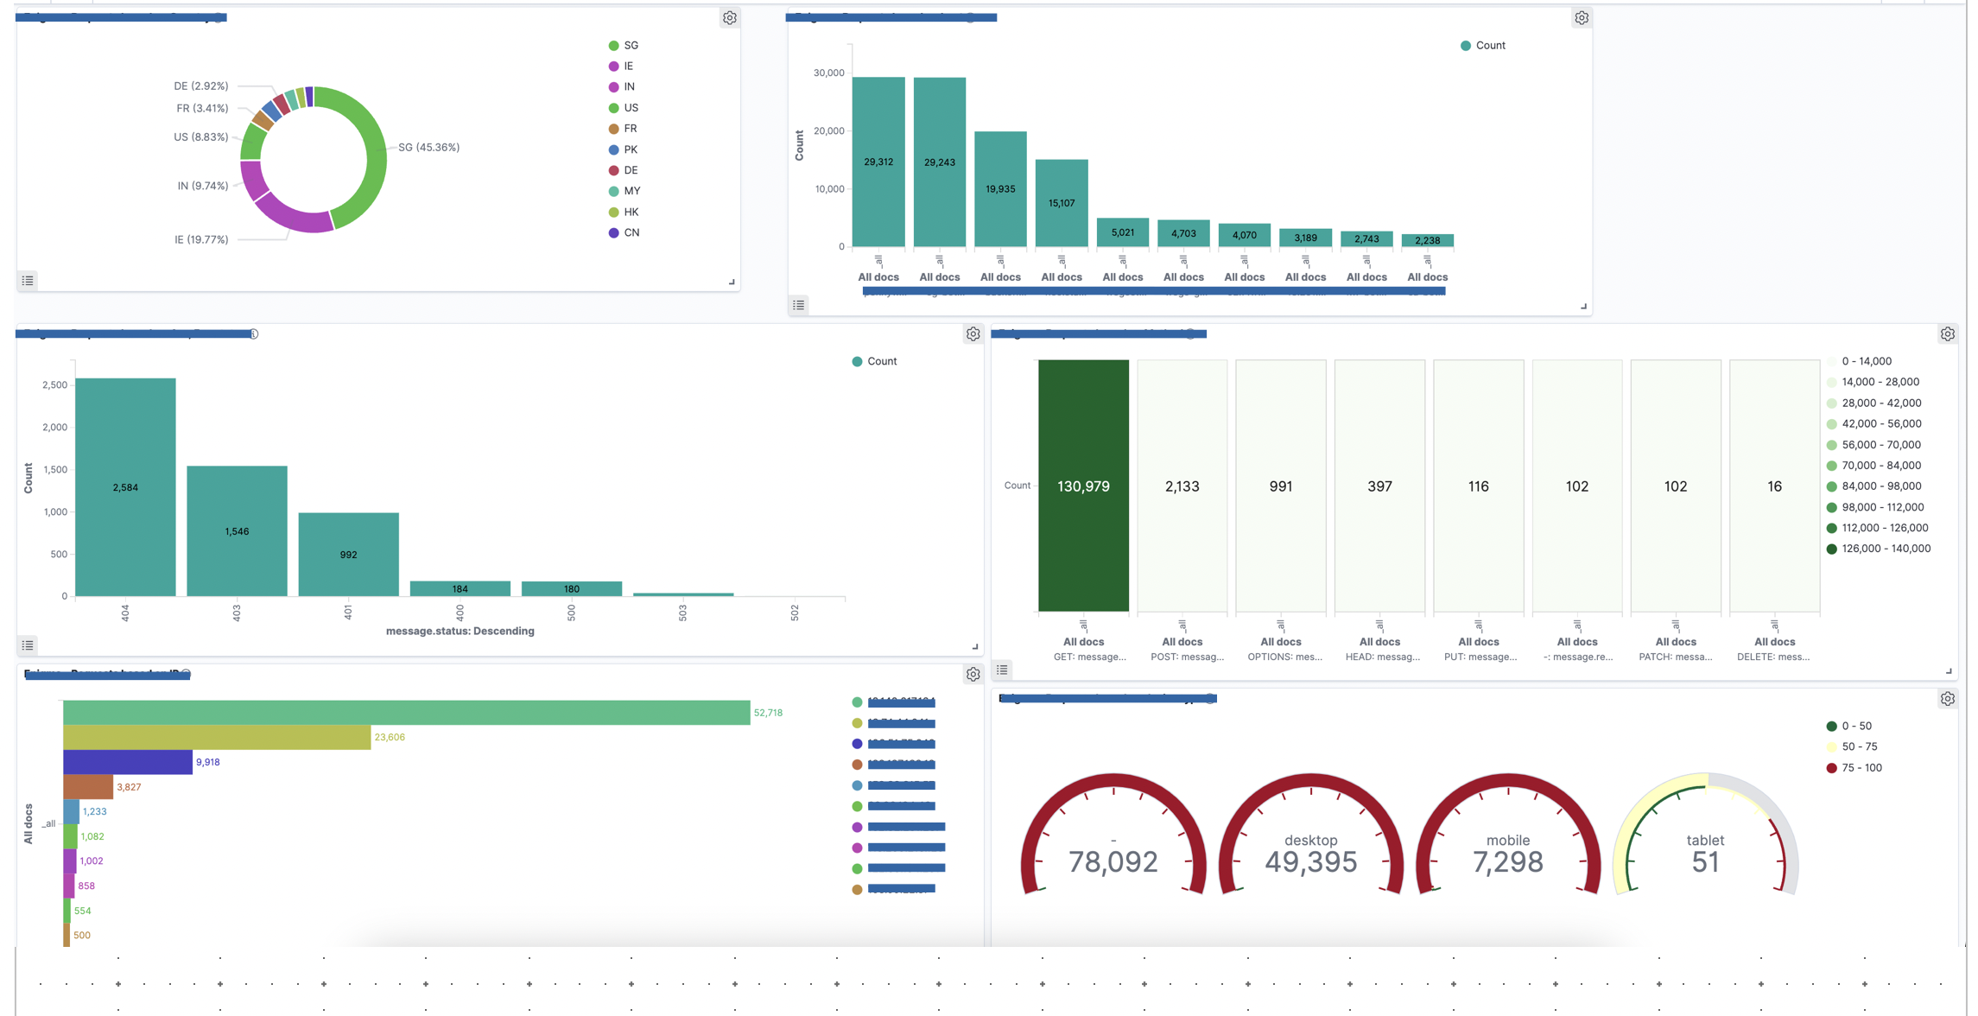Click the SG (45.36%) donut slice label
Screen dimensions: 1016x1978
coord(428,148)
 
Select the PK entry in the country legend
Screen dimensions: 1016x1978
coord(630,149)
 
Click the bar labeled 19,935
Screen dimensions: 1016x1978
coord(1000,189)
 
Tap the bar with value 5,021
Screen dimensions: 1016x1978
coord(1122,232)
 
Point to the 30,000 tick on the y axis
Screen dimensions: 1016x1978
coord(828,73)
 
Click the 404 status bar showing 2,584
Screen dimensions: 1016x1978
coord(125,487)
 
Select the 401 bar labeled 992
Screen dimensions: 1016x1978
coord(348,555)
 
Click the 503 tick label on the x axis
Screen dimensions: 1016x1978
coord(682,613)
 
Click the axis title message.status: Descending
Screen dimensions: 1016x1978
coord(460,632)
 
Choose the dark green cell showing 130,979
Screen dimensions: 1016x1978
coord(1083,486)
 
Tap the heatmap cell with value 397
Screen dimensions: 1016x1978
coord(1379,486)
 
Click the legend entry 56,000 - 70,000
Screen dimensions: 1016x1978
coord(1880,445)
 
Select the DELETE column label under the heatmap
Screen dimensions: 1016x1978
coord(1773,657)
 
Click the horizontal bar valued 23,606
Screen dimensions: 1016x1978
coord(216,737)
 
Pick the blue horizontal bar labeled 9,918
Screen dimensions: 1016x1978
coord(127,762)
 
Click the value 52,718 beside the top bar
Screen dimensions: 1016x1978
coord(768,713)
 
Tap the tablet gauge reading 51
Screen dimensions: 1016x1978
coord(1704,861)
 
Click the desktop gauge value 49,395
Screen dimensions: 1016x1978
coord(1310,861)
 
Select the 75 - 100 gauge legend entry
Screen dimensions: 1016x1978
coord(1861,768)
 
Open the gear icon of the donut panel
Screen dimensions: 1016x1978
coord(730,18)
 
